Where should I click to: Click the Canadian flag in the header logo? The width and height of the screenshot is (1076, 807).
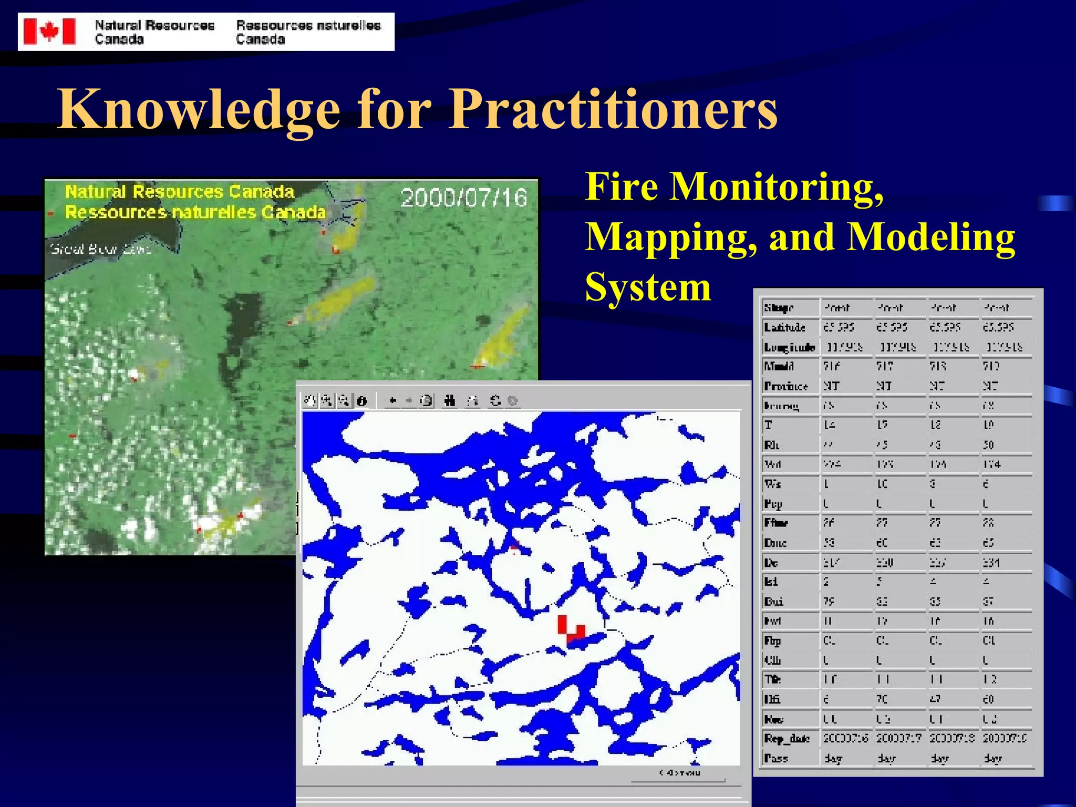(49, 32)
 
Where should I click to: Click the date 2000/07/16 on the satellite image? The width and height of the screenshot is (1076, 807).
(463, 198)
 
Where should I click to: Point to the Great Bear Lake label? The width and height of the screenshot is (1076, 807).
(100, 249)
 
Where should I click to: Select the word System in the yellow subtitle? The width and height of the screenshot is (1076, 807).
(648, 287)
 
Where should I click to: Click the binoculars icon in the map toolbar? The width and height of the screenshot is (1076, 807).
(449, 401)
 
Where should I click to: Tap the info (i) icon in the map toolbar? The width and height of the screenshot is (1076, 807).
(361, 401)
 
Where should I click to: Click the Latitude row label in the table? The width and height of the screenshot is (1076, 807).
(784, 327)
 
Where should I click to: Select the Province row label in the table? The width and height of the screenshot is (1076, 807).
(785, 386)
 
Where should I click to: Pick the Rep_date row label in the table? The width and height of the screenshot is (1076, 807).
(787, 739)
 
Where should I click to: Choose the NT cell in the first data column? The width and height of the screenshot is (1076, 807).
(831, 386)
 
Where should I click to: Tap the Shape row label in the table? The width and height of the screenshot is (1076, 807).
(779, 308)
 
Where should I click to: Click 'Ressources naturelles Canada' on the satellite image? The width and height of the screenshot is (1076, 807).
(195, 212)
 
